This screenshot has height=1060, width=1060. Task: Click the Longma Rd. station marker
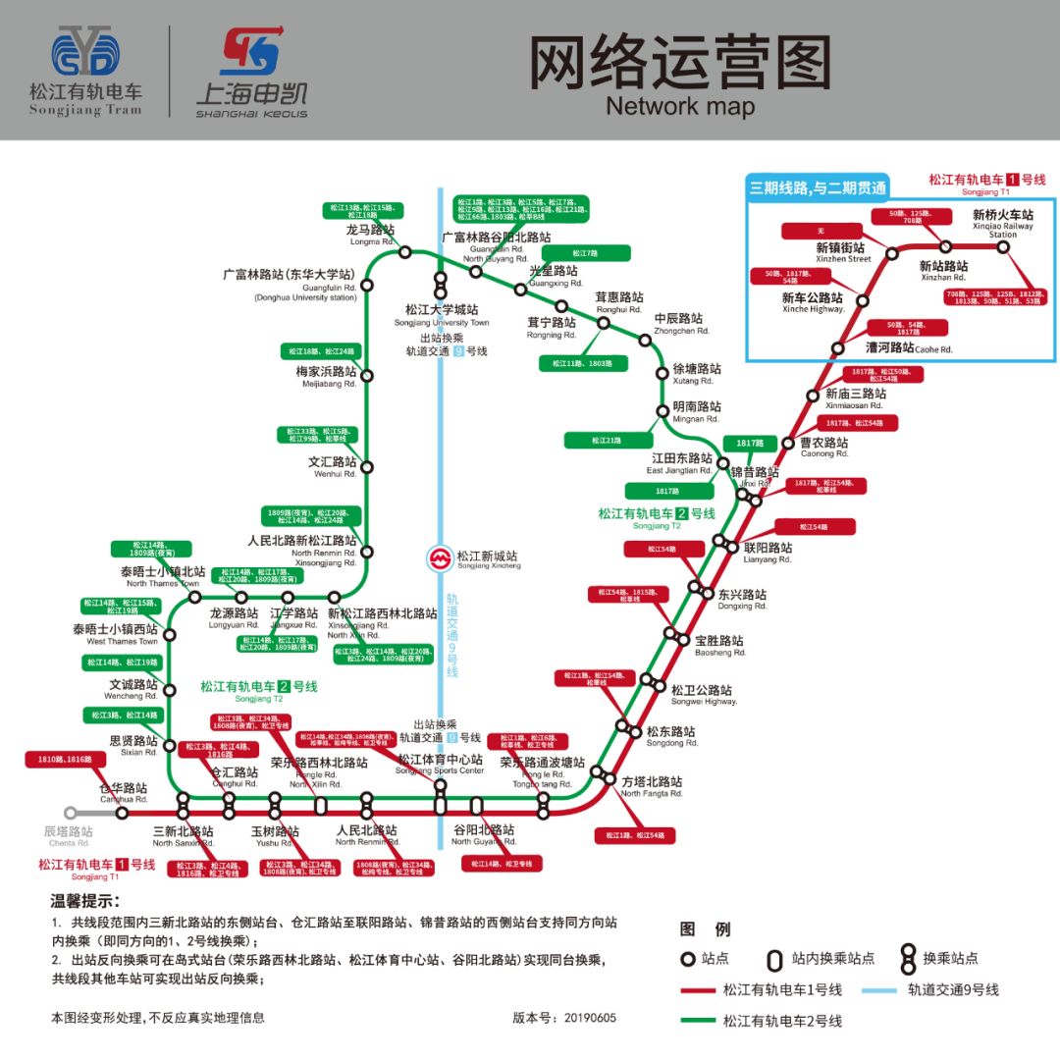pos(404,252)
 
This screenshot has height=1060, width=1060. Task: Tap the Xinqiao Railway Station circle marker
pos(1003,247)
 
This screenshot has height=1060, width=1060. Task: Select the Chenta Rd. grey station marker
pos(70,813)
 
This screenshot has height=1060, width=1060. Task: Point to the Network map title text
pos(680,106)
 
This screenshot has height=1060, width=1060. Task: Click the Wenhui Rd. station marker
pos(367,467)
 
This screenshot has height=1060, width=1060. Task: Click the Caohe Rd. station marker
pos(837,347)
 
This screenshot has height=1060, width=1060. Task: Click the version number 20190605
pos(589,1018)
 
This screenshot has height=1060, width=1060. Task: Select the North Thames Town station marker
pos(194,597)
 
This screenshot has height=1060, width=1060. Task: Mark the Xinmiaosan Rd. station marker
pos(812,395)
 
